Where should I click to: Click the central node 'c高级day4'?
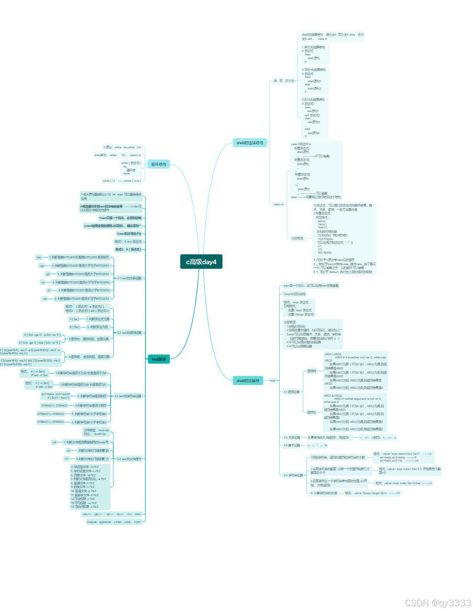point(201,261)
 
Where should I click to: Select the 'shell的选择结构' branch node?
point(249,143)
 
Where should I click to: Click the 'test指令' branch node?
point(159,359)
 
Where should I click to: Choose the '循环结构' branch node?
point(158,164)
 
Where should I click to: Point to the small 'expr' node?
point(272,380)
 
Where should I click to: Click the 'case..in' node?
point(279,204)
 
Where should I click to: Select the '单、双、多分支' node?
point(283,81)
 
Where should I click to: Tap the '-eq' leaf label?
point(38,257)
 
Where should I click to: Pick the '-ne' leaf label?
point(45,298)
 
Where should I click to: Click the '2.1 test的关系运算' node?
point(129,278)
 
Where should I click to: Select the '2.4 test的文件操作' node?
point(129,459)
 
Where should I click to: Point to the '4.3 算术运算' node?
point(292,445)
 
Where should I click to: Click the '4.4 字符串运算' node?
point(293,475)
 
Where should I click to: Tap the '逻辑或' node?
point(312,370)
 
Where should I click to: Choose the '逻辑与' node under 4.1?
point(312,412)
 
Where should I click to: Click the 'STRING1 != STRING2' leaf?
point(54,405)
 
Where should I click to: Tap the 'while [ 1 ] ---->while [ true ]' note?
point(122,181)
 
